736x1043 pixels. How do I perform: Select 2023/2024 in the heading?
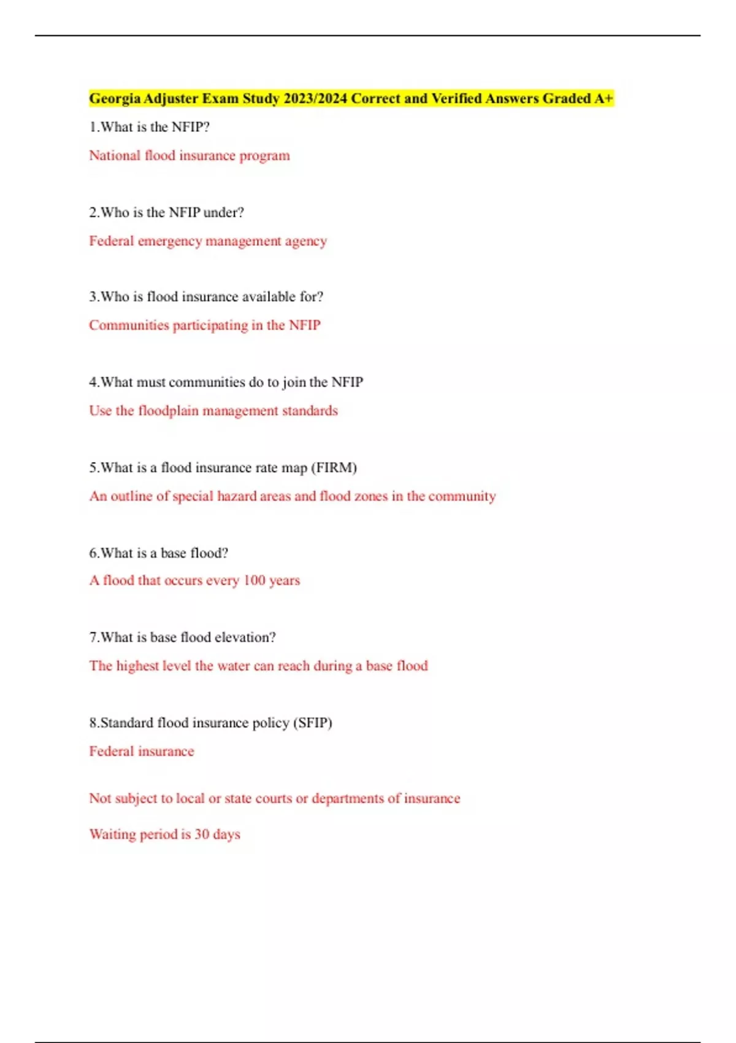[x=315, y=99]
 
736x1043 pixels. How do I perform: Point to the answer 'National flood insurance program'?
[x=189, y=156]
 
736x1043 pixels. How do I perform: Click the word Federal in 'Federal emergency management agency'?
[x=111, y=241]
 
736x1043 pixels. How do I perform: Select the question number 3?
[x=93, y=297]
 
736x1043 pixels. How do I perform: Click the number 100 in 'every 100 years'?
[x=254, y=580]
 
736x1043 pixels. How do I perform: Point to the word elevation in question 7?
[x=245, y=637]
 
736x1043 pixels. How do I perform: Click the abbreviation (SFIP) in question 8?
[x=313, y=723]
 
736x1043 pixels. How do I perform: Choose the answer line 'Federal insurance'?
[x=141, y=752]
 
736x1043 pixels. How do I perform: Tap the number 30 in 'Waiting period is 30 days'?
[x=202, y=834]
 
